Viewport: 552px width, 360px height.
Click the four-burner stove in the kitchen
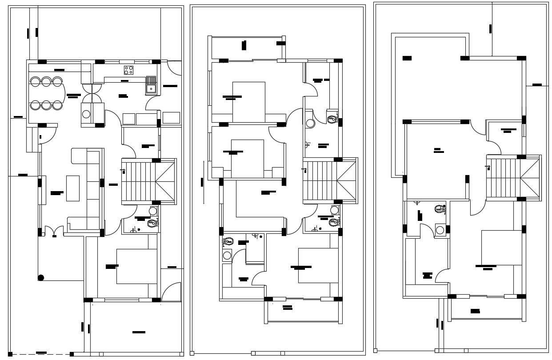click(128, 70)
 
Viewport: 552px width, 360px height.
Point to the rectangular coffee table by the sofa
click(73, 188)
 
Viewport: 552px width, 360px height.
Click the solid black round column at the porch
click(41, 278)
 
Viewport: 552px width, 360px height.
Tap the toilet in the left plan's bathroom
click(152, 223)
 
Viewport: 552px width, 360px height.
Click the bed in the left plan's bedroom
click(136, 266)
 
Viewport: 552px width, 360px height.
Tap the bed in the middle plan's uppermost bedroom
click(248, 102)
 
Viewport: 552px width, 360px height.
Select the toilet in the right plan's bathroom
click(440, 208)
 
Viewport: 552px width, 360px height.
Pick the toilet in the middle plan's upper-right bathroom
click(331, 119)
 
